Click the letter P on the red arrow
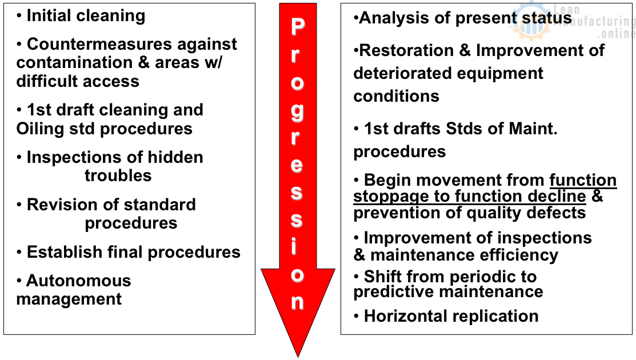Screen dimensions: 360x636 point(297,26)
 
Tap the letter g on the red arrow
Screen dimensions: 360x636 point(297,110)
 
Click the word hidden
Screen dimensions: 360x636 point(175,157)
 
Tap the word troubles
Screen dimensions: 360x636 point(118,175)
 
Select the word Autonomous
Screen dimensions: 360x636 point(79,281)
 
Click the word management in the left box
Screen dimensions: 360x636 point(69,299)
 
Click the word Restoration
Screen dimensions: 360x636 point(407,50)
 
